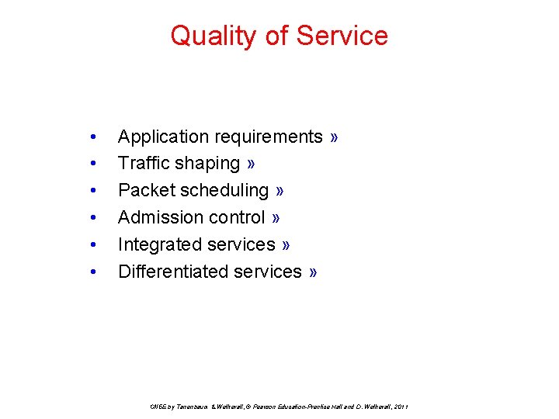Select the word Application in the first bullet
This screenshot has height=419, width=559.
point(163,137)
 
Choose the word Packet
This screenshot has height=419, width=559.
point(144,190)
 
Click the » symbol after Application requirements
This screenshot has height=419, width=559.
point(334,137)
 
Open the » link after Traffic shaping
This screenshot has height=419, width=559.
point(252,164)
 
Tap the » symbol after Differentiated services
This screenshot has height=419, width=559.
point(313,272)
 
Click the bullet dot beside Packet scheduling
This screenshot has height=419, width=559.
point(93,191)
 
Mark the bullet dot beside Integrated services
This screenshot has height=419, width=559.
point(93,245)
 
